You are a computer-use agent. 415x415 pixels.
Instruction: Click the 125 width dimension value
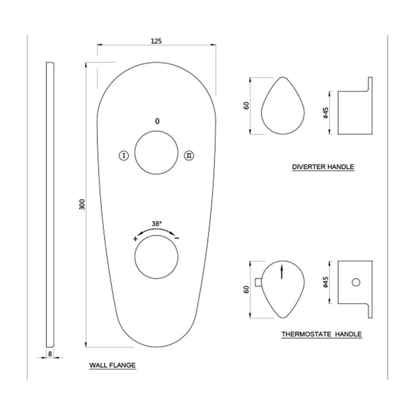point(156,41)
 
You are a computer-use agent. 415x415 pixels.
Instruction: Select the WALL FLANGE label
point(113,365)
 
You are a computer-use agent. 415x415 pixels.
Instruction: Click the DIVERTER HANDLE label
point(323,167)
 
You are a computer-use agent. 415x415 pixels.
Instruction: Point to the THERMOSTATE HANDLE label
point(321,334)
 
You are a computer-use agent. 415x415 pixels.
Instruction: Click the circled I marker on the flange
point(123,156)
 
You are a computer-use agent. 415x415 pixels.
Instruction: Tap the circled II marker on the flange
point(189,156)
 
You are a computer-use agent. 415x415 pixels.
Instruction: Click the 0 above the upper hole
point(157,121)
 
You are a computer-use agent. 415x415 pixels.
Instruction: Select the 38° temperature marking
point(157,223)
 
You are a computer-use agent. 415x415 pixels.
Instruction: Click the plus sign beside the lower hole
point(135,239)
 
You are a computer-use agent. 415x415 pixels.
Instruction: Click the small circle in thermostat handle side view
point(356,282)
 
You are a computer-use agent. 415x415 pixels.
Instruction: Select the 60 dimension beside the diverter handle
point(246,105)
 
